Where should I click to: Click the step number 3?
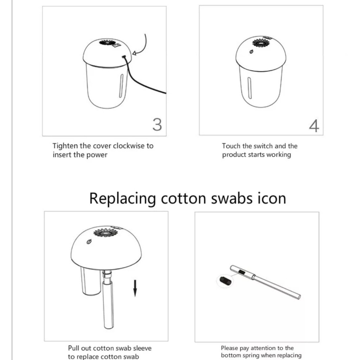(157, 125)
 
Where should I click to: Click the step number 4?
(314, 126)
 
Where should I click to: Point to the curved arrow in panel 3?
(144, 47)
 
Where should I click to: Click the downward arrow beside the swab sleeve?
(135, 288)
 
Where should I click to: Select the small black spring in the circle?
(224, 280)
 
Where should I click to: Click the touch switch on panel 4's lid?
(251, 51)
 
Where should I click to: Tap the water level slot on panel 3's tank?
(121, 85)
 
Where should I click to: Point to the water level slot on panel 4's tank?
(250, 88)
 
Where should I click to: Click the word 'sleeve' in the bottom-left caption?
(142, 348)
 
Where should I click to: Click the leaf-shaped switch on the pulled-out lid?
(89, 242)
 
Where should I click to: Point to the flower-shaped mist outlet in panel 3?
(107, 43)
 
